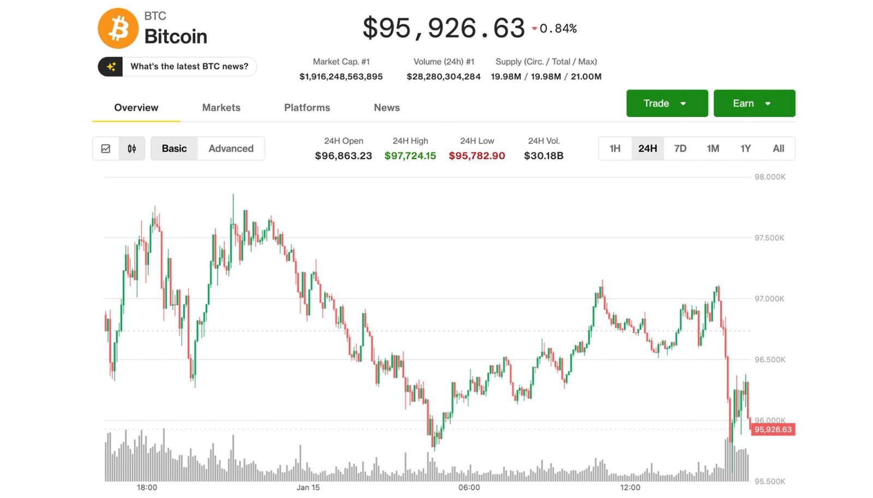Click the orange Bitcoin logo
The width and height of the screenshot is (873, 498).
tap(118, 28)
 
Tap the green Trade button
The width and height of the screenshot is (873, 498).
tap(667, 103)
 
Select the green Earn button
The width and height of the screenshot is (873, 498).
tap(754, 103)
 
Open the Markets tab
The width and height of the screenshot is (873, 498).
tap(221, 108)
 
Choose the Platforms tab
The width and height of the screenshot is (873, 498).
tap(307, 108)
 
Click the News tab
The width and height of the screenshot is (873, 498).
tap(386, 108)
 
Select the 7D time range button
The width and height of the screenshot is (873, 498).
tap(680, 149)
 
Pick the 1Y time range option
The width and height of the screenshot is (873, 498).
tap(745, 149)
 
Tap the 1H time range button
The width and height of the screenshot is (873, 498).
tap(615, 149)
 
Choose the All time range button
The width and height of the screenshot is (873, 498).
tap(778, 149)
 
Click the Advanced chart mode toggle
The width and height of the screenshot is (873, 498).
tap(231, 149)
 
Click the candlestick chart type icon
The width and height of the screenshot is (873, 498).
tap(131, 149)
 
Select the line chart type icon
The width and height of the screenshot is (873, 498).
tap(106, 149)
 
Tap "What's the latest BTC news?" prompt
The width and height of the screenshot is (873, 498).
tap(189, 67)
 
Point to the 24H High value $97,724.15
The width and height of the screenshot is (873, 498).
tap(410, 156)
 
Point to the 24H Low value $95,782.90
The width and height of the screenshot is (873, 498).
tap(476, 156)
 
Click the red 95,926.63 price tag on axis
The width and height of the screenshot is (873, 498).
tap(773, 430)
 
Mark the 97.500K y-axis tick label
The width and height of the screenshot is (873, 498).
tap(769, 238)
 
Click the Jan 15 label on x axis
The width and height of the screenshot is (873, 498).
tap(308, 487)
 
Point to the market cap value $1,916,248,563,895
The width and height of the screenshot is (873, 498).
tap(340, 76)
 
